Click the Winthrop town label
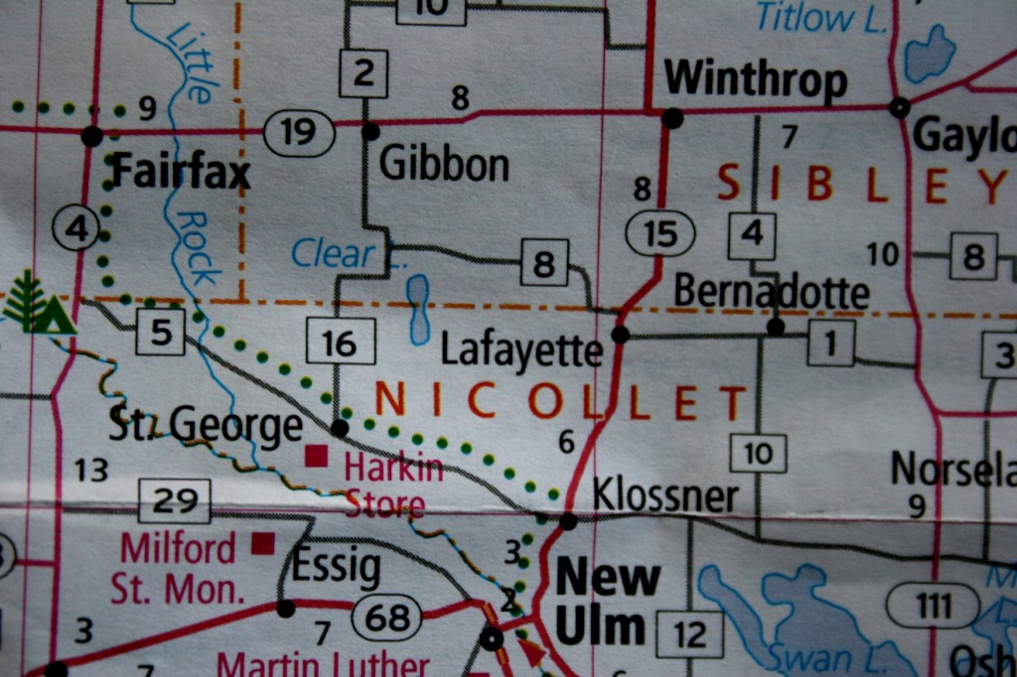(x=755, y=80)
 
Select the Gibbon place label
(x=444, y=165)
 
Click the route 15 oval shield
(x=659, y=234)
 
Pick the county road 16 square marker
(x=340, y=342)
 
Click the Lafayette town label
(x=521, y=350)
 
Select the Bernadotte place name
(x=771, y=293)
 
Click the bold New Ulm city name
(x=607, y=601)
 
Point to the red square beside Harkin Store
(x=316, y=456)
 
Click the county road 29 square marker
(x=175, y=500)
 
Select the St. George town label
(x=205, y=426)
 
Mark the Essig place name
(x=336, y=568)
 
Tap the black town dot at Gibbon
(x=370, y=131)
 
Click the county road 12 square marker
(x=689, y=633)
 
